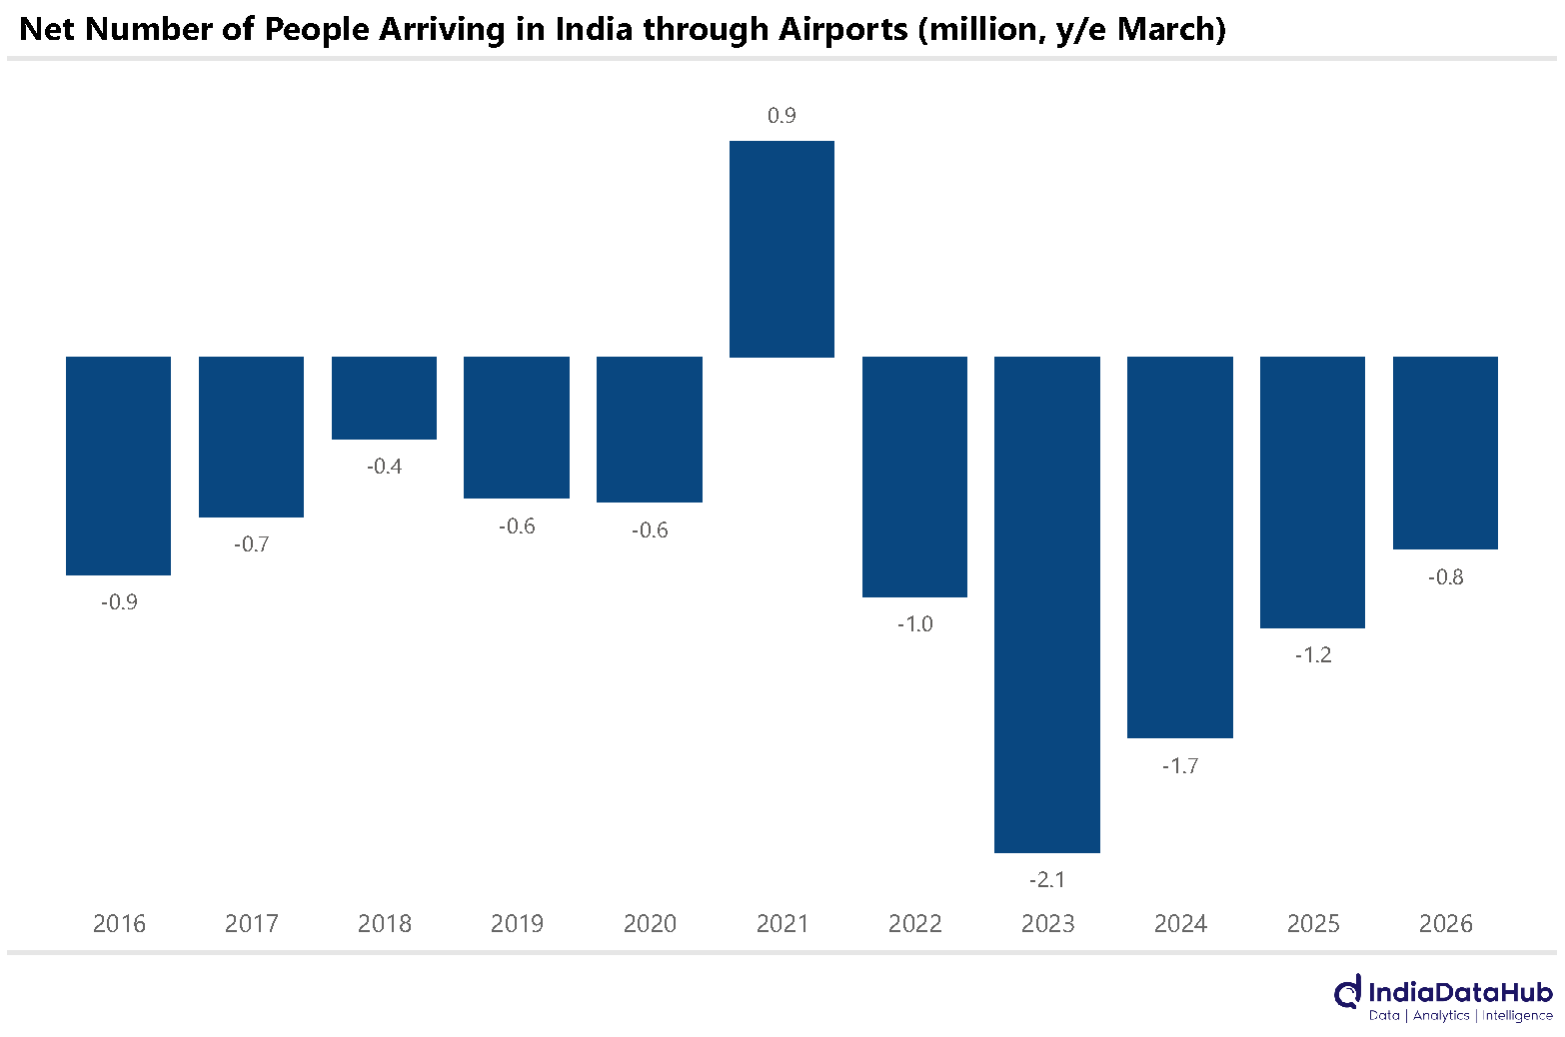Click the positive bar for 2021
point(782,250)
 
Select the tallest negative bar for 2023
point(1047,604)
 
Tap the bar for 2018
point(385,398)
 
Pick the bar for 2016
point(119,466)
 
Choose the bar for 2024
point(1180,547)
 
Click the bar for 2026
point(1445,454)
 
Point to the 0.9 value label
point(782,115)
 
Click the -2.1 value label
point(1047,880)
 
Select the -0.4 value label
point(385,467)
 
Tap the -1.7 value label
point(1180,766)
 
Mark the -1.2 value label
point(1313,655)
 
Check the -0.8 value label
point(1445,577)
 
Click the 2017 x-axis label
point(252,924)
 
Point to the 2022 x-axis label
point(915,924)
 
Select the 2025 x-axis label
point(1313,924)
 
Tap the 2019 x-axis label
point(517,924)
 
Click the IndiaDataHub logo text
point(1460,992)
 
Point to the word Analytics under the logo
point(1441,1016)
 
